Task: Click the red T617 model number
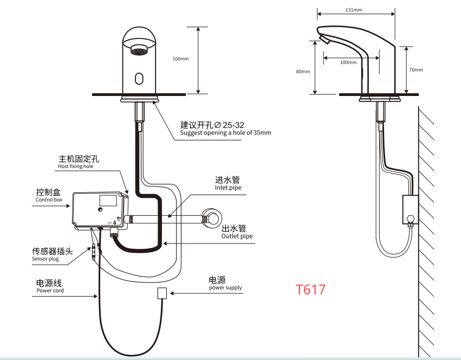(x=311, y=290)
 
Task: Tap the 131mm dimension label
(x=354, y=9)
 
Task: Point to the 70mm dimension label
(x=416, y=70)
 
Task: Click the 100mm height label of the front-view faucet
(x=180, y=59)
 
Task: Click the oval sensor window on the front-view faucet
(x=139, y=79)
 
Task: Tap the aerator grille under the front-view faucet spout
(x=139, y=53)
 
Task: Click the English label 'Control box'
(x=49, y=200)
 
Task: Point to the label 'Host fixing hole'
(x=76, y=167)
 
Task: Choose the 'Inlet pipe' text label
(x=228, y=188)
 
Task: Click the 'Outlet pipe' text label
(x=237, y=236)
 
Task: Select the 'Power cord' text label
(x=50, y=291)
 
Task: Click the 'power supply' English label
(x=225, y=288)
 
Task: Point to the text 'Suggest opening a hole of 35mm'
(x=225, y=133)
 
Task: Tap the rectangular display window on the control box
(x=108, y=200)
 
